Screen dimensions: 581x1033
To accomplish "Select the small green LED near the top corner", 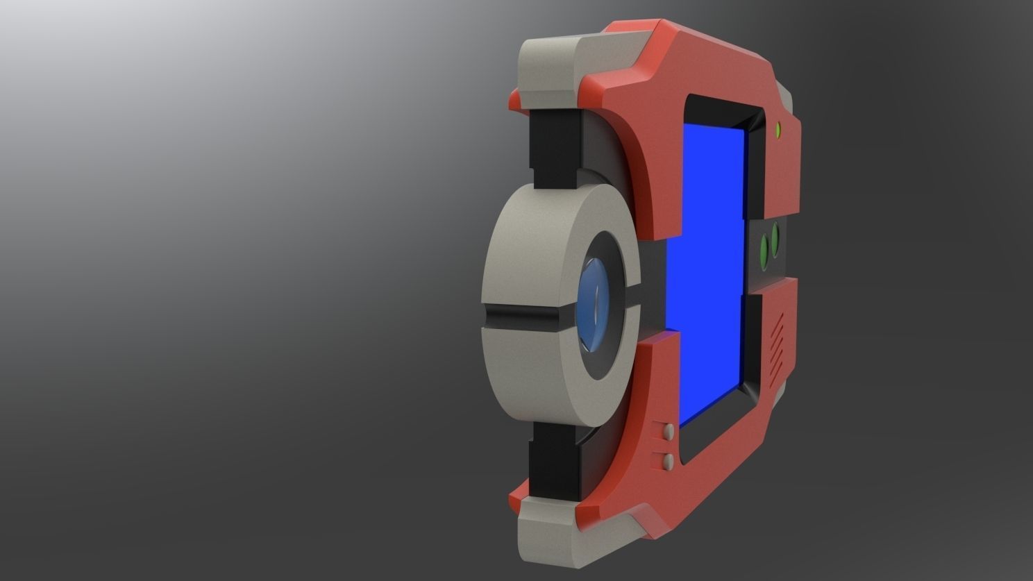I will point(778,129).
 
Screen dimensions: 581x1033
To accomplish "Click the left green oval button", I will point(765,249).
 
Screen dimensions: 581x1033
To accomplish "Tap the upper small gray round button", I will point(669,432).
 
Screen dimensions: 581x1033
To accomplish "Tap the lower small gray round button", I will point(669,461).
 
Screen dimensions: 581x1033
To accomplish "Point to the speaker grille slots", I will point(777,340).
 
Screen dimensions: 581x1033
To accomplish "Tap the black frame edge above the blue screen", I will point(722,111).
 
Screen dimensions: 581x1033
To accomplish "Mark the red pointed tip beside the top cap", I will point(514,101).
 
